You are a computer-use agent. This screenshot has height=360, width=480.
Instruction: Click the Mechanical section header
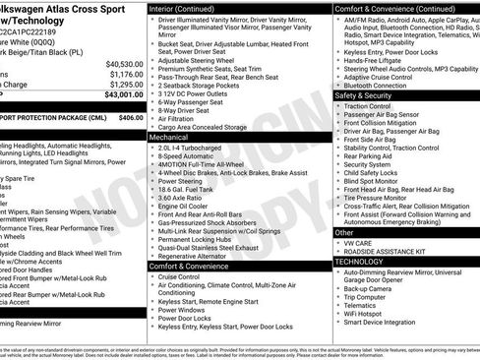(x=171, y=138)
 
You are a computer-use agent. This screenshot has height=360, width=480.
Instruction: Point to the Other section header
(x=344, y=233)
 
